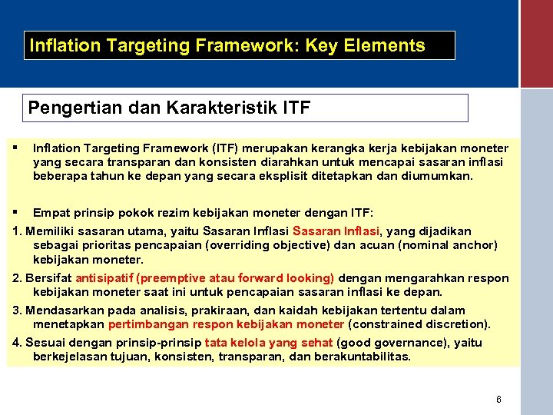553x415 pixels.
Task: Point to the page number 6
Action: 498,400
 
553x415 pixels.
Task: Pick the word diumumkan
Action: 437,175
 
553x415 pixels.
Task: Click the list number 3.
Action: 17,310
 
